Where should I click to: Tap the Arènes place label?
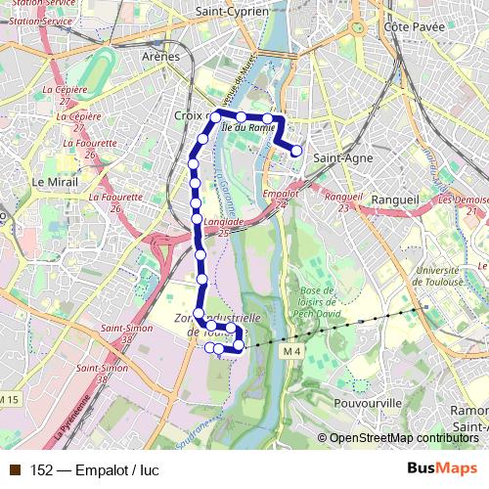point(161,57)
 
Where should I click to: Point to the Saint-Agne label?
point(338,155)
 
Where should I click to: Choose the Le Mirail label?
point(53,182)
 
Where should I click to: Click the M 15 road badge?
point(10,399)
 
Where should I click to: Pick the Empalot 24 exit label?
point(280,199)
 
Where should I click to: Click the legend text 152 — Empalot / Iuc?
point(94,469)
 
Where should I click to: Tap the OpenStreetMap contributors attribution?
point(403,438)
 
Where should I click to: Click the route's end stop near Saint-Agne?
point(296,151)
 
